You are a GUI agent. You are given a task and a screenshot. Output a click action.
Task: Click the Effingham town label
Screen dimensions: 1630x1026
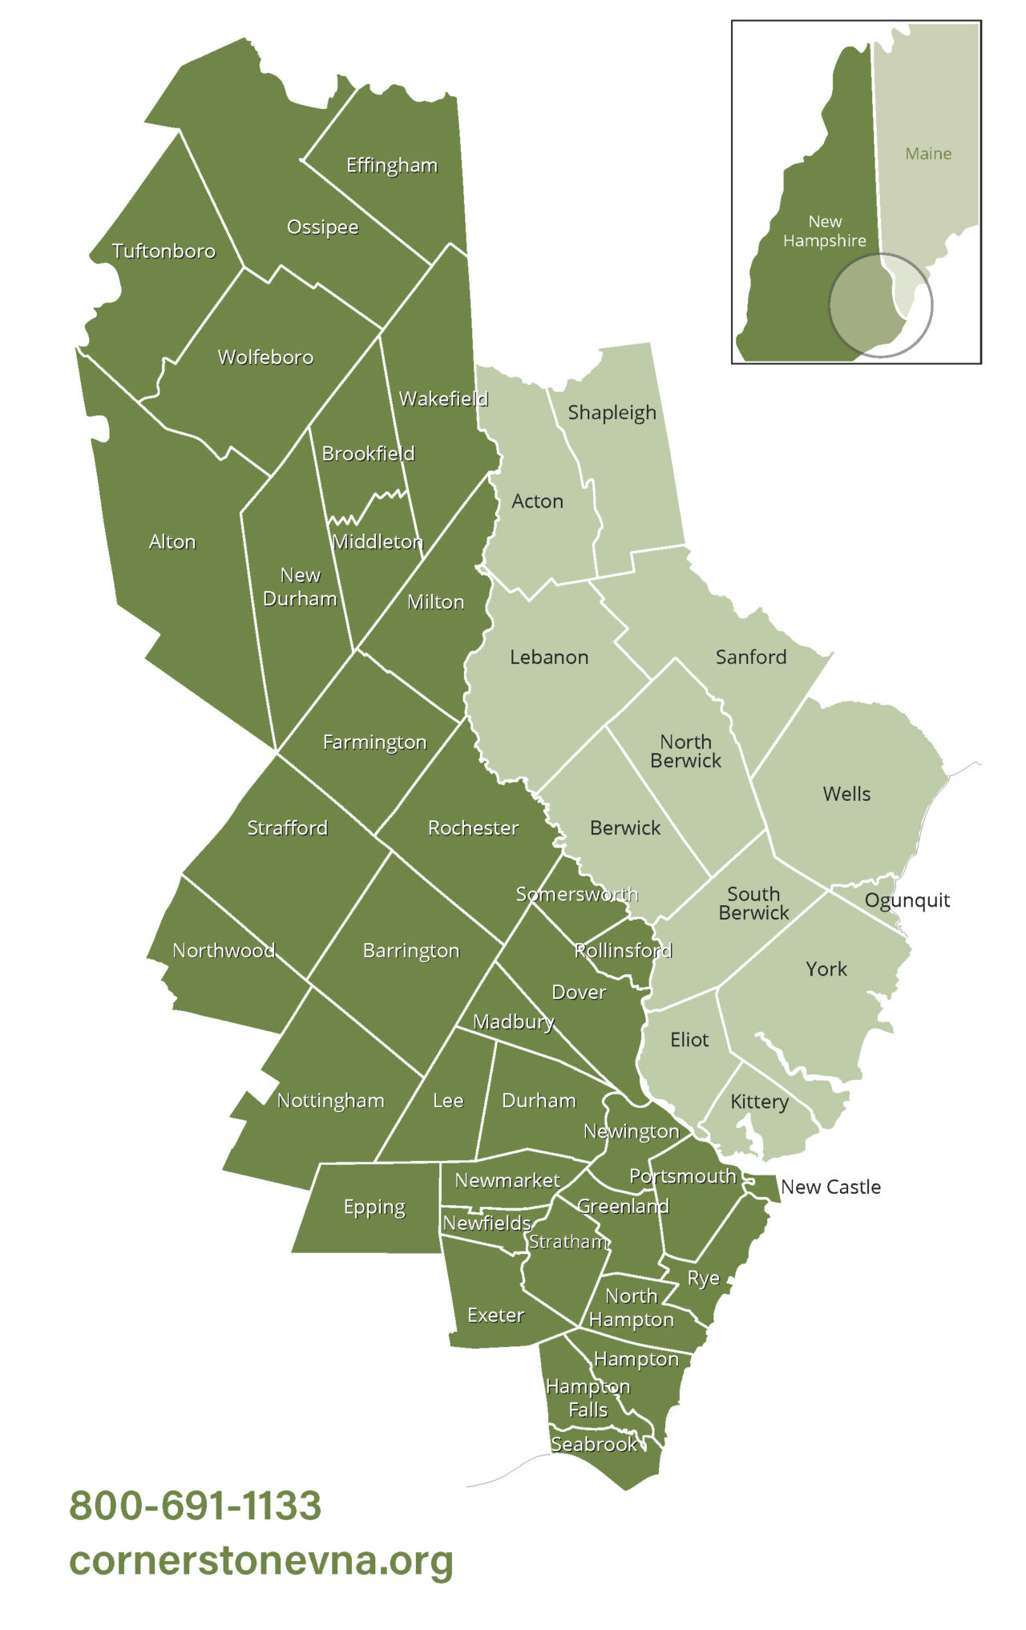392,165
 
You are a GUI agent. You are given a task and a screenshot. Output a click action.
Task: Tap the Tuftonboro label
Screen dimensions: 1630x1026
164,251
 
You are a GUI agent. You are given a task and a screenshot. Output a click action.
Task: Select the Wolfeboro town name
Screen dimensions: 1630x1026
265,357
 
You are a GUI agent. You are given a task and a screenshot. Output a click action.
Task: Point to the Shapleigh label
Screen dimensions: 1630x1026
612,413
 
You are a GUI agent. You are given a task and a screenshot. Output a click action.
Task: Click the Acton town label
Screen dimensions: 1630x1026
537,501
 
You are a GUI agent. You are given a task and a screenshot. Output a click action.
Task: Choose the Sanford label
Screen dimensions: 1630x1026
750,657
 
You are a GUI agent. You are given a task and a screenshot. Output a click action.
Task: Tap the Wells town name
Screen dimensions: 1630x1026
846,794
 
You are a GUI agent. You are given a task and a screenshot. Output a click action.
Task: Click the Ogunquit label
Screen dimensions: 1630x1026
907,900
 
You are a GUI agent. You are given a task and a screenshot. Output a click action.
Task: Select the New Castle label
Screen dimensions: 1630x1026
830,1187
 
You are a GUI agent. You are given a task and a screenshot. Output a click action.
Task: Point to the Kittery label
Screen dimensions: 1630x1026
759,1102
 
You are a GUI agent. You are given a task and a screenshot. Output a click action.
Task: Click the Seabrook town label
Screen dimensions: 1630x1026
594,1444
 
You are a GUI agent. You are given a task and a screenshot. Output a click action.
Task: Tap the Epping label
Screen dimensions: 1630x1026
374,1207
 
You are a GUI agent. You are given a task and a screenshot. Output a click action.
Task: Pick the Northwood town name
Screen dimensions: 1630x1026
224,950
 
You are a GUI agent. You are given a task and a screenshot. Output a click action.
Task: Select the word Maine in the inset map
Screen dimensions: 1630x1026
928,153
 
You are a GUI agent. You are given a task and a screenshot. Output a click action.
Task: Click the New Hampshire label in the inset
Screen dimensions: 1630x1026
825,231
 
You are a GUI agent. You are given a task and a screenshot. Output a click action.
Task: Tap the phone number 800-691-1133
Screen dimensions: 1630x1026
196,1506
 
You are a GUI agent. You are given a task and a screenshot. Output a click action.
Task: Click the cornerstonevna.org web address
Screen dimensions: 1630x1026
261,1560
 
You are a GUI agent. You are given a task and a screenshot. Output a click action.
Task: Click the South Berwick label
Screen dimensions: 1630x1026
753,903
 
